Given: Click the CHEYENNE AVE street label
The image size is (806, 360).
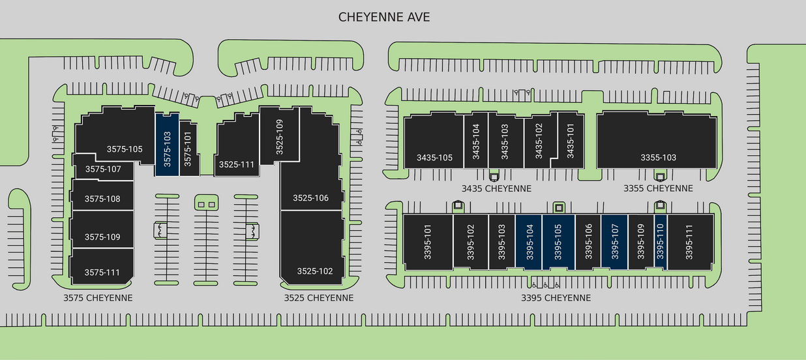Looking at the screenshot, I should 384,17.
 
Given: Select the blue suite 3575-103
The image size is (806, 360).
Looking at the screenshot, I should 167,145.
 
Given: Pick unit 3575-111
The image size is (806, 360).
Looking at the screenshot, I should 102,271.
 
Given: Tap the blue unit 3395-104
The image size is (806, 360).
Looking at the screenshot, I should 529,241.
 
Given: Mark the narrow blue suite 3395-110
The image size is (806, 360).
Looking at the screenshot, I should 660,241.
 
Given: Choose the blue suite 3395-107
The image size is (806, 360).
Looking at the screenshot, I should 614,241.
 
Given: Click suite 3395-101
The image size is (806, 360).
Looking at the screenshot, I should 428,241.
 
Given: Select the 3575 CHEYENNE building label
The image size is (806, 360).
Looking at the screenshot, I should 98,298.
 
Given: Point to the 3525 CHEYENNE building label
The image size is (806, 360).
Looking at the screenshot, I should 319,298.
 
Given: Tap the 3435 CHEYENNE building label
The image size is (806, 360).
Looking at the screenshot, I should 496,188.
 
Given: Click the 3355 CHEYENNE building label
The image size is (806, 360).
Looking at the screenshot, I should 657,188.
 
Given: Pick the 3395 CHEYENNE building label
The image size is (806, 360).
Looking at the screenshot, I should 556,298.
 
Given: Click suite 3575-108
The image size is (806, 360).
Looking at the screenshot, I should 102,199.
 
